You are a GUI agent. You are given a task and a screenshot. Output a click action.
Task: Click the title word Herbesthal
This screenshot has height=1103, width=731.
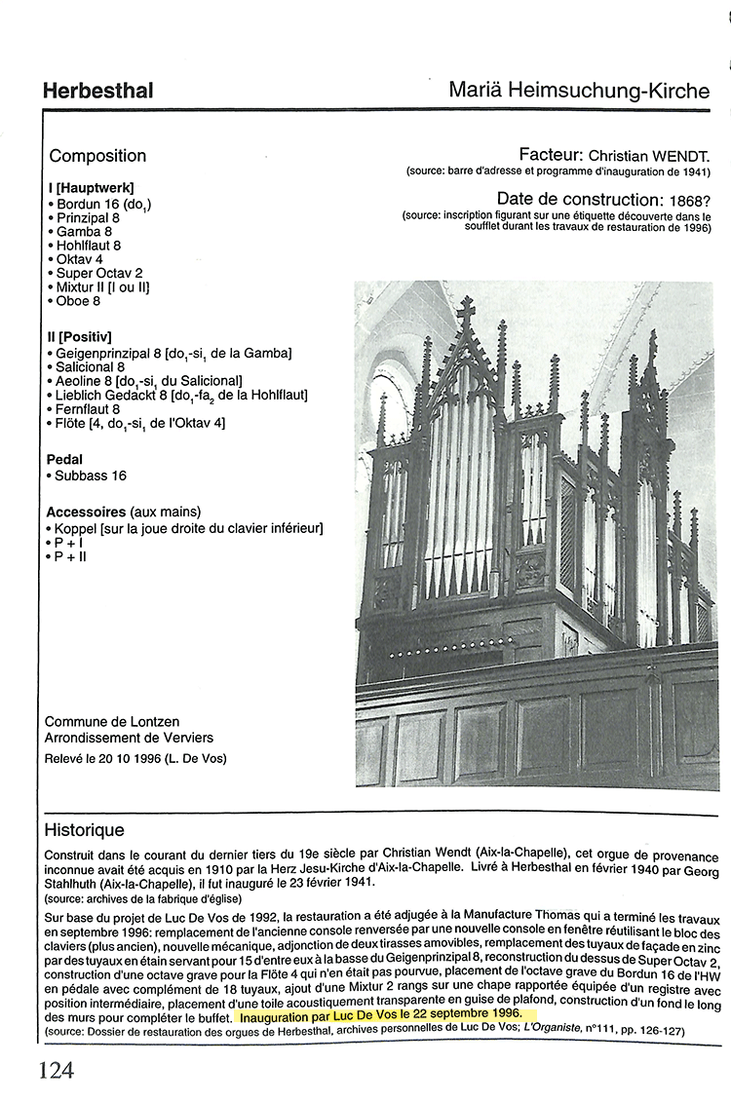pyautogui.click(x=97, y=92)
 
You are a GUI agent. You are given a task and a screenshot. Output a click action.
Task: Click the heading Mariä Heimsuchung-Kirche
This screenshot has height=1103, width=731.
pyautogui.click(x=579, y=91)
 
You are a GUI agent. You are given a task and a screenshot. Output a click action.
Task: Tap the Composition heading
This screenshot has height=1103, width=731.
pyautogui.click(x=97, y=156)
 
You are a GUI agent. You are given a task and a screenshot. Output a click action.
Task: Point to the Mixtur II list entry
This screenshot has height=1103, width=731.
pyautogui.click(x=102, y=287)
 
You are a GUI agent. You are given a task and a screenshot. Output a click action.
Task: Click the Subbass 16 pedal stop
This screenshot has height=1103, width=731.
pyautogui.click(x=91, y=475)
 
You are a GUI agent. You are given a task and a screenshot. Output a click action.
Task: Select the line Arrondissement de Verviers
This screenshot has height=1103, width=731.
pyautogui.click(x=129, y=738)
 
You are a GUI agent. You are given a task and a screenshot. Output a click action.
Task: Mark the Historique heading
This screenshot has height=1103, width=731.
pyautogui.click(x=85, y=831)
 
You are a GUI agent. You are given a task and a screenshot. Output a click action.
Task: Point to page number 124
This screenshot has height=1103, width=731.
pyautogui.click(x=56, y=1072)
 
